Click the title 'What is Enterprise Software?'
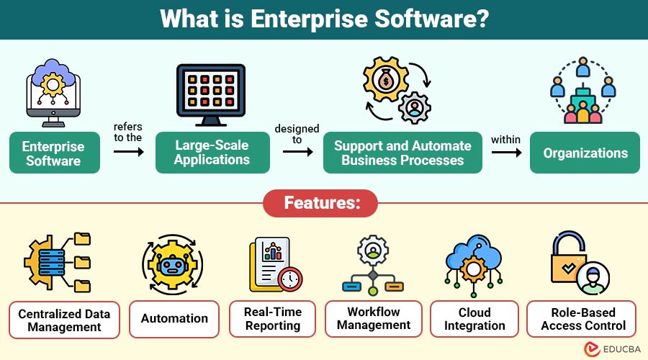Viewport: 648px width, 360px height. tap(324, 19)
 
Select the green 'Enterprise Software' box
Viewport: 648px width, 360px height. tap(53, 153)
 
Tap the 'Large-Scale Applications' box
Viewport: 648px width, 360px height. tap(212, 153)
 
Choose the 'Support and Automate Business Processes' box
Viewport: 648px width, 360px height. tap(402, 153)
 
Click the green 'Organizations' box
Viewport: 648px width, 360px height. tap(585, 153)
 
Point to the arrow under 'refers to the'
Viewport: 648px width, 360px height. tap(128, 152)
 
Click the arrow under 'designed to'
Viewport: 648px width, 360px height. tap(297, 152)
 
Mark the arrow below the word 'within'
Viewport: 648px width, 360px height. tap(506, 152)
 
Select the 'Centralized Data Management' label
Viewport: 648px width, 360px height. tap(64, 320)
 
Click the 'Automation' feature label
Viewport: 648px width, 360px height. tap(174, 318)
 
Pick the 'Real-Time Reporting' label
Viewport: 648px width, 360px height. tap(273, 318)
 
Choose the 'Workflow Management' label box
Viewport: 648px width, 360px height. tap(373, 318)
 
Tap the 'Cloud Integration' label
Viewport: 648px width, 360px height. tap(474, 318)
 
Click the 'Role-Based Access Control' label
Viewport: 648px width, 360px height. tap(584, 318)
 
